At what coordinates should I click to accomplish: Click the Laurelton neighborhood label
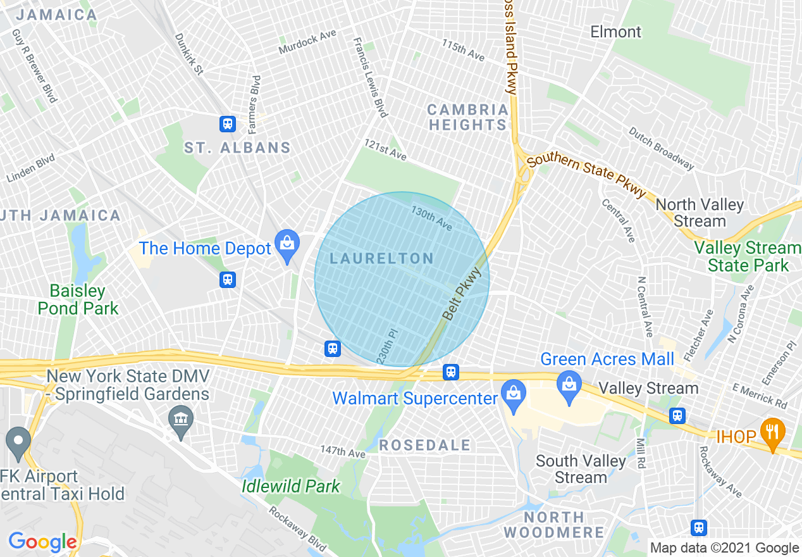point(382,258)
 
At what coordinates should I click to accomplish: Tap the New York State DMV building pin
point(182,420)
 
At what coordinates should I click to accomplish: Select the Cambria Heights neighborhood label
point(468,117)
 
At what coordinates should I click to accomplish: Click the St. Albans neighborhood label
point(237,148)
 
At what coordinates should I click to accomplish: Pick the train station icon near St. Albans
point(228,124)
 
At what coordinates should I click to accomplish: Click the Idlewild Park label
point(291,486)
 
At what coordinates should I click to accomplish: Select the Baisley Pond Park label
point(78,299)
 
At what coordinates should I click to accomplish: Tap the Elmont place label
point(615,32)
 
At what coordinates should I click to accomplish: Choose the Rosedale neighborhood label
point(425,445)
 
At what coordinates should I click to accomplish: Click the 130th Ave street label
point(431,217)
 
